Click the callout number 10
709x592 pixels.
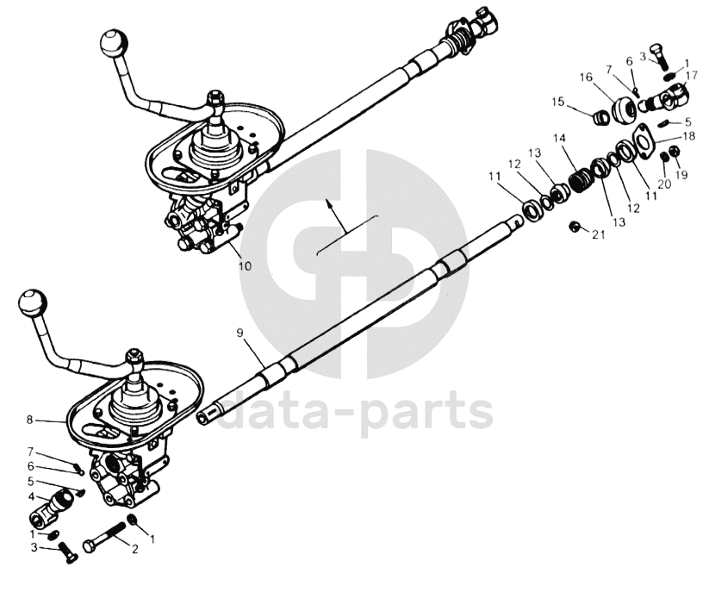[245, 266]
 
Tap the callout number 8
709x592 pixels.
[30, 420]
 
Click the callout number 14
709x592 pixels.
[559, 138]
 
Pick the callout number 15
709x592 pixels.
[557, 102]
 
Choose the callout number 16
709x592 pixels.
[586, 78]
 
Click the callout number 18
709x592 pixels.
[688, 136]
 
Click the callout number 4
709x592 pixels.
[31, 496]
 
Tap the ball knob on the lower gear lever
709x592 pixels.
[32, 302]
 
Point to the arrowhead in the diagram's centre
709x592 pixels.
[328, 203]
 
